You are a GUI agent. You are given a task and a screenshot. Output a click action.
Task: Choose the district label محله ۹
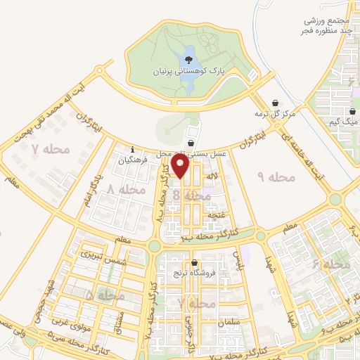[267, 176]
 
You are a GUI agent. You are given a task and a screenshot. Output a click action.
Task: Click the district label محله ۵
[105, 296]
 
